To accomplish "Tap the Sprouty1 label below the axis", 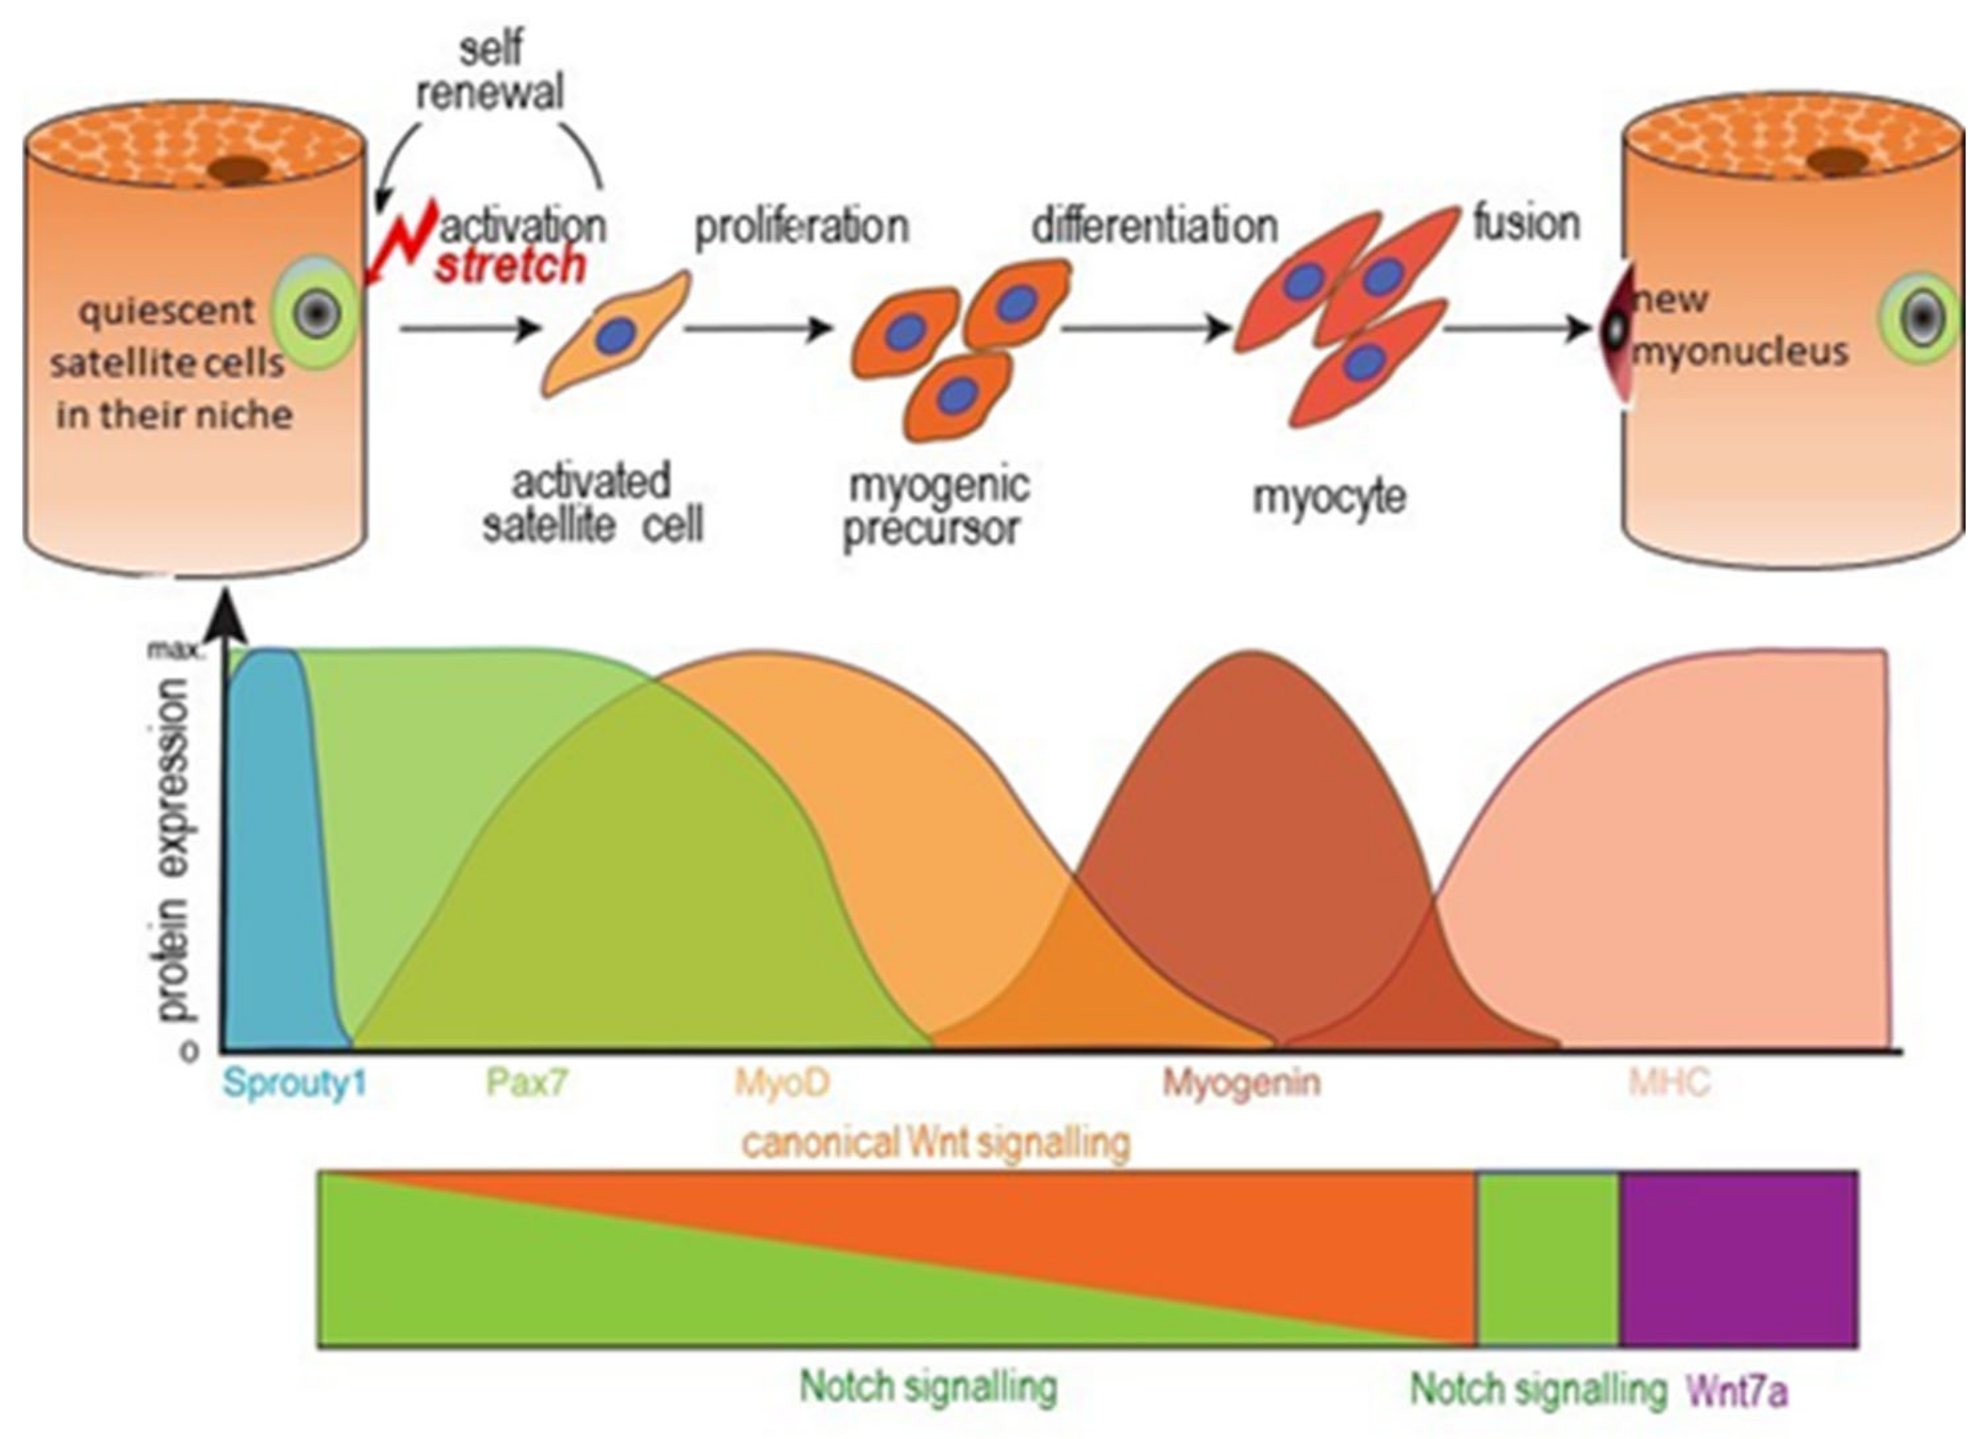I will (295, 1083).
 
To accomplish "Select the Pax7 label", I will (527, 1082).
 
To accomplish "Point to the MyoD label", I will (782, 1082).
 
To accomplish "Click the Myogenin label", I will (1242, 1083).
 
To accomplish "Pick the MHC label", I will (1669, 1083).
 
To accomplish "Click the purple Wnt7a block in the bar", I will (1738, 1259).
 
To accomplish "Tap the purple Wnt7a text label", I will (1737, 1391).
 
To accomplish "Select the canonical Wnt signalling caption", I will (936, 1141).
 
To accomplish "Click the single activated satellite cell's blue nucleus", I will (616, 336).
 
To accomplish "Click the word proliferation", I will (802, 226).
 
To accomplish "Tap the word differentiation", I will (1155, 225).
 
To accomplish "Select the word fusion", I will (1527, 223).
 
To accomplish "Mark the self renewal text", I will (490, 70).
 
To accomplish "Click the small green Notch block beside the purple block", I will (1548, 1259).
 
